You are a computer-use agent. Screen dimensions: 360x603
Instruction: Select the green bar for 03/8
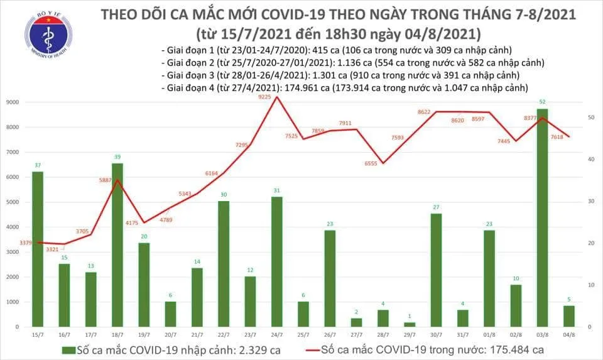543,217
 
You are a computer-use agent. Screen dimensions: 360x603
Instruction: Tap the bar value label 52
543,102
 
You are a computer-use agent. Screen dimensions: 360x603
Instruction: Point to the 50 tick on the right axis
591,117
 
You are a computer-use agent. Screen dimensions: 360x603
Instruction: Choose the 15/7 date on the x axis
38,335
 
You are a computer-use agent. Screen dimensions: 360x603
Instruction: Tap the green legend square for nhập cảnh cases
66,349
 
